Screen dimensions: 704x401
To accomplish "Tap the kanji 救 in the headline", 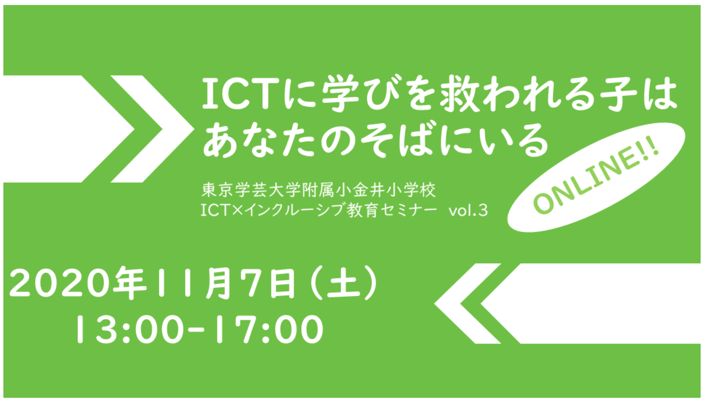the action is (459, 94).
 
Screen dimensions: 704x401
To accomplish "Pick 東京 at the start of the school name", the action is (218, 190).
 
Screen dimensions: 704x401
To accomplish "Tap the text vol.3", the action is (468, 210).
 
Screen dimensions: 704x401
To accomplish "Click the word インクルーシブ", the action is (294, 210).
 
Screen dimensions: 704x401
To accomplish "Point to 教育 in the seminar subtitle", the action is (362, 210).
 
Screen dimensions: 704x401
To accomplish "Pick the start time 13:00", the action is (130, 329).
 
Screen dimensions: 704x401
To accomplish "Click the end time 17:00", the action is (269, 329).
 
